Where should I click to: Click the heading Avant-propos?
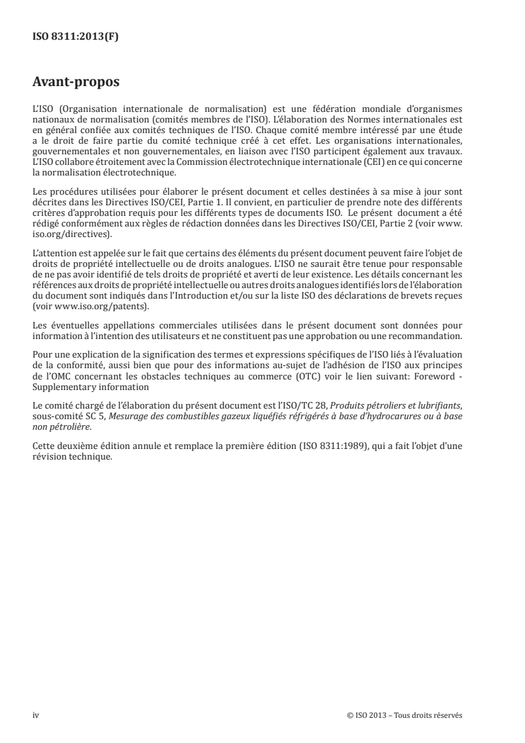[75, 83]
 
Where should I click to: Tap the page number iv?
[36, 715]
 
